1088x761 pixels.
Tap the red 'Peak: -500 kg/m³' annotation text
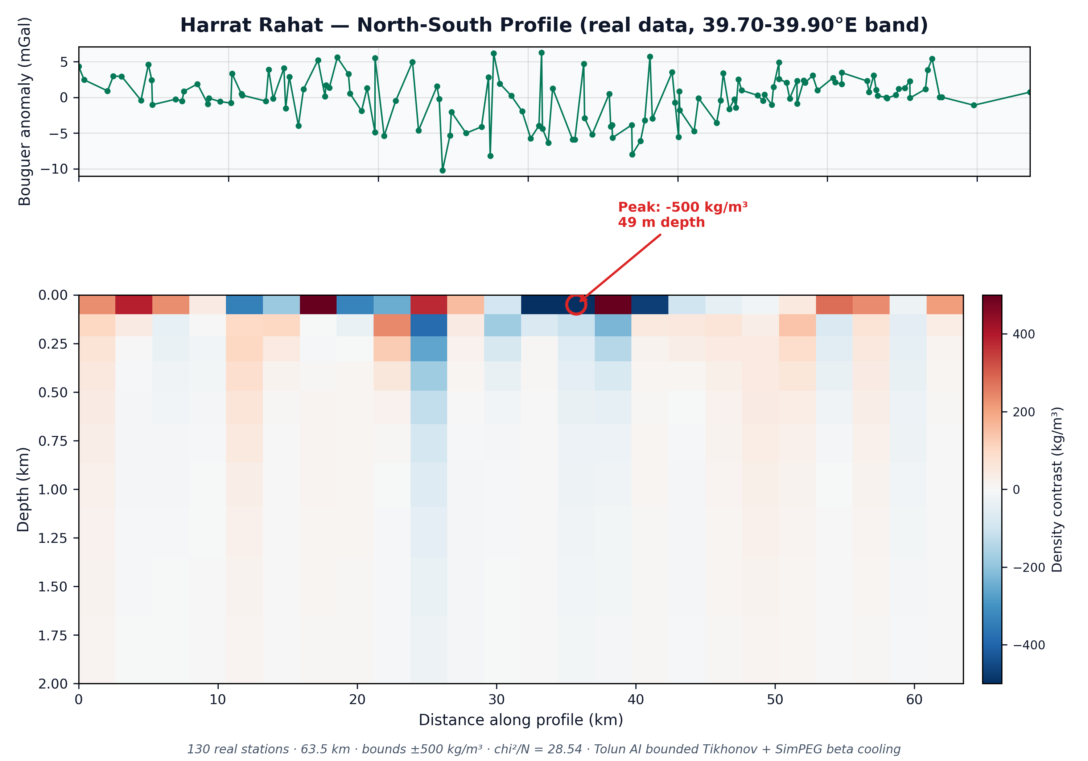[683, 207]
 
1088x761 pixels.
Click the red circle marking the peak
[576, 304]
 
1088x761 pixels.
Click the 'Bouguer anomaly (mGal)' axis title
[24, 111]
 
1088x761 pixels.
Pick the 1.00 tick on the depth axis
[53, 490]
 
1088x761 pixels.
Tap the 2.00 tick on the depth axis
[53, 684]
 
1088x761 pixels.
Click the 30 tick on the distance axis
[496, 699]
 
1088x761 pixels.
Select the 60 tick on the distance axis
[914, 699]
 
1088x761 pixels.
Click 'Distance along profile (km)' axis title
[520, 720]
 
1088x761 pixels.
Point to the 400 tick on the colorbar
[1023, 334]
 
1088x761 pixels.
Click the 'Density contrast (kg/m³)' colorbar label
[1057, 489]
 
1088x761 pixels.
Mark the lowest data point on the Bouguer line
[442, 170]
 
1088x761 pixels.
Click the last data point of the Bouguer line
[1029, 92]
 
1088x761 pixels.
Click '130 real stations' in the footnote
[238, 749]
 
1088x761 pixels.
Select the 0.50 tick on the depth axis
[53, 392]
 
